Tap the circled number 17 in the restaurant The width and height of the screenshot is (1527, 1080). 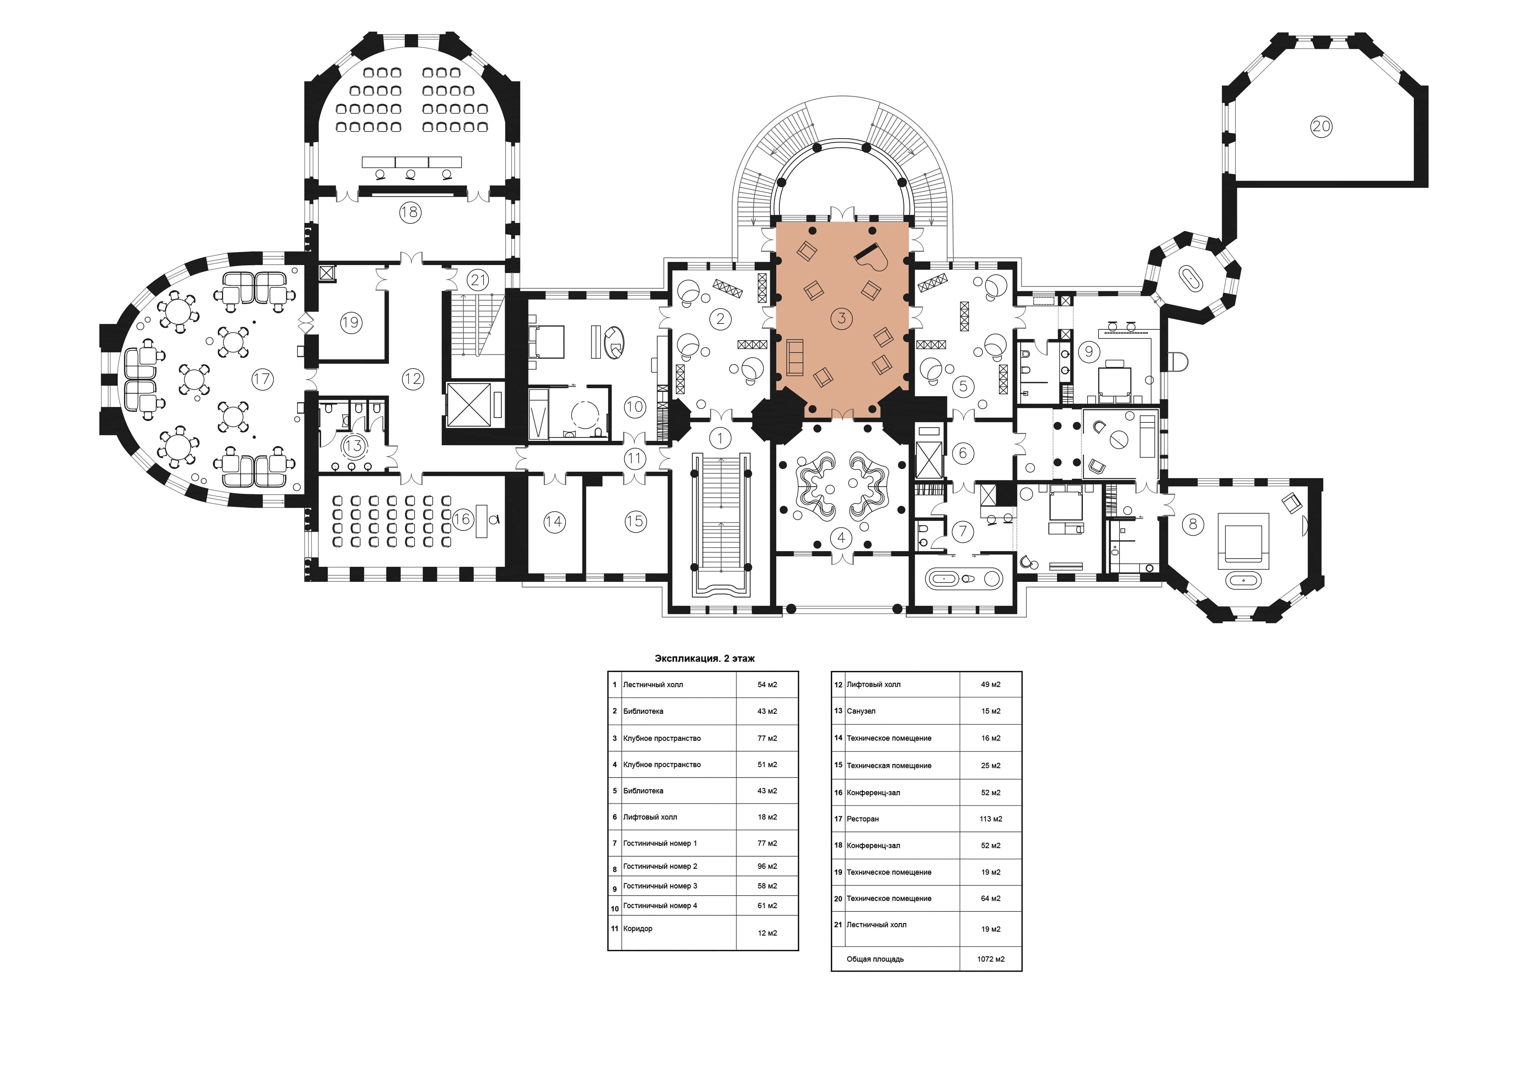pyautogui.click(x=262, y=379)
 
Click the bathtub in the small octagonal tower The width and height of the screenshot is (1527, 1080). pyautogui.click(x=1191, y=278)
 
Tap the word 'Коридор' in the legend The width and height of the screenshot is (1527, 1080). pyautogui.click(x=638, y=928)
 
